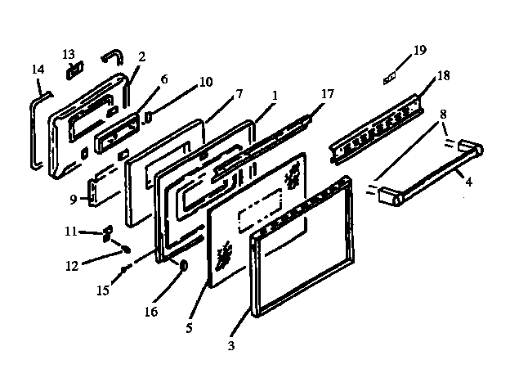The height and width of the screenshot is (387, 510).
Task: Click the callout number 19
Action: pyautogui.click(x=419, y=51)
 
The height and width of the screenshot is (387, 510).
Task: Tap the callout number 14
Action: pyautogui.click(x=38, y=70)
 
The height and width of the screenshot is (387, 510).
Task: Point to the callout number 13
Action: pyautogui.click(x=69, y=54)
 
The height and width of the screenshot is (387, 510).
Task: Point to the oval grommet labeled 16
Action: pyautogui.click(x=182, y=265)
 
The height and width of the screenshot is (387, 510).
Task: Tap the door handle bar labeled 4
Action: pyautogui.click(x=429, y=174)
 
